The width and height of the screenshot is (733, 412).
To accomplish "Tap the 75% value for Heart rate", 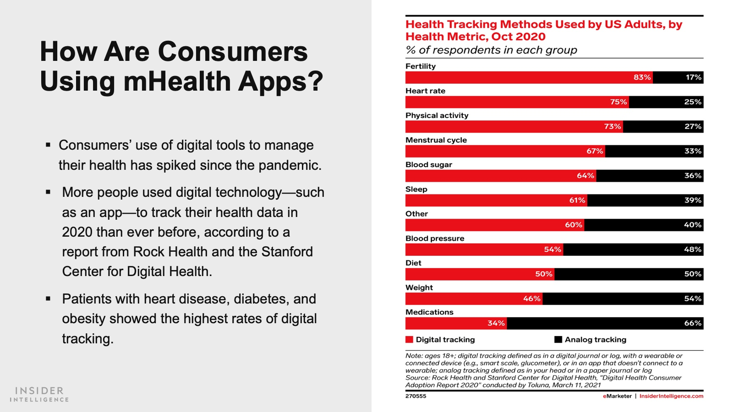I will click(618, 102).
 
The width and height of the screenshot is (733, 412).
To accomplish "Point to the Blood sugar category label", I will click(428, 165).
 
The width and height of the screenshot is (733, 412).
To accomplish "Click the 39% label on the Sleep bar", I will click(692, 201).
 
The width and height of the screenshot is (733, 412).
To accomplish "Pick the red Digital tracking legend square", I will click(409, 340).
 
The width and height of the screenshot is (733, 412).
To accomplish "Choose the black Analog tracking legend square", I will click(558, 340).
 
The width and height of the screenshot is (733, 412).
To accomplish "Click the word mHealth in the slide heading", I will click(177, 81).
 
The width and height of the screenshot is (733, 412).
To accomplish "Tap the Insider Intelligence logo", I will click(39, 394).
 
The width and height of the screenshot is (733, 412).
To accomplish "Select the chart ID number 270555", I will click(416, 396).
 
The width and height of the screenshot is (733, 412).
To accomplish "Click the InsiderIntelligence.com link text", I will click(671, 396).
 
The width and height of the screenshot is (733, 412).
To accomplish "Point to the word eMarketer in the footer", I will click(617, 396).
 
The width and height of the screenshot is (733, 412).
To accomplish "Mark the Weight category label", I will click(419, 287).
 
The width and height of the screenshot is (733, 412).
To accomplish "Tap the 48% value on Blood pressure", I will click(692, 249).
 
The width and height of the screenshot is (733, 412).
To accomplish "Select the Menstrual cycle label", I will click(436, 140).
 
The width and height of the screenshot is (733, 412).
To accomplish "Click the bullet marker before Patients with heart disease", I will click(48, 299).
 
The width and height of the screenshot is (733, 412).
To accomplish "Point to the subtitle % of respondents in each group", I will click(491, 50).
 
